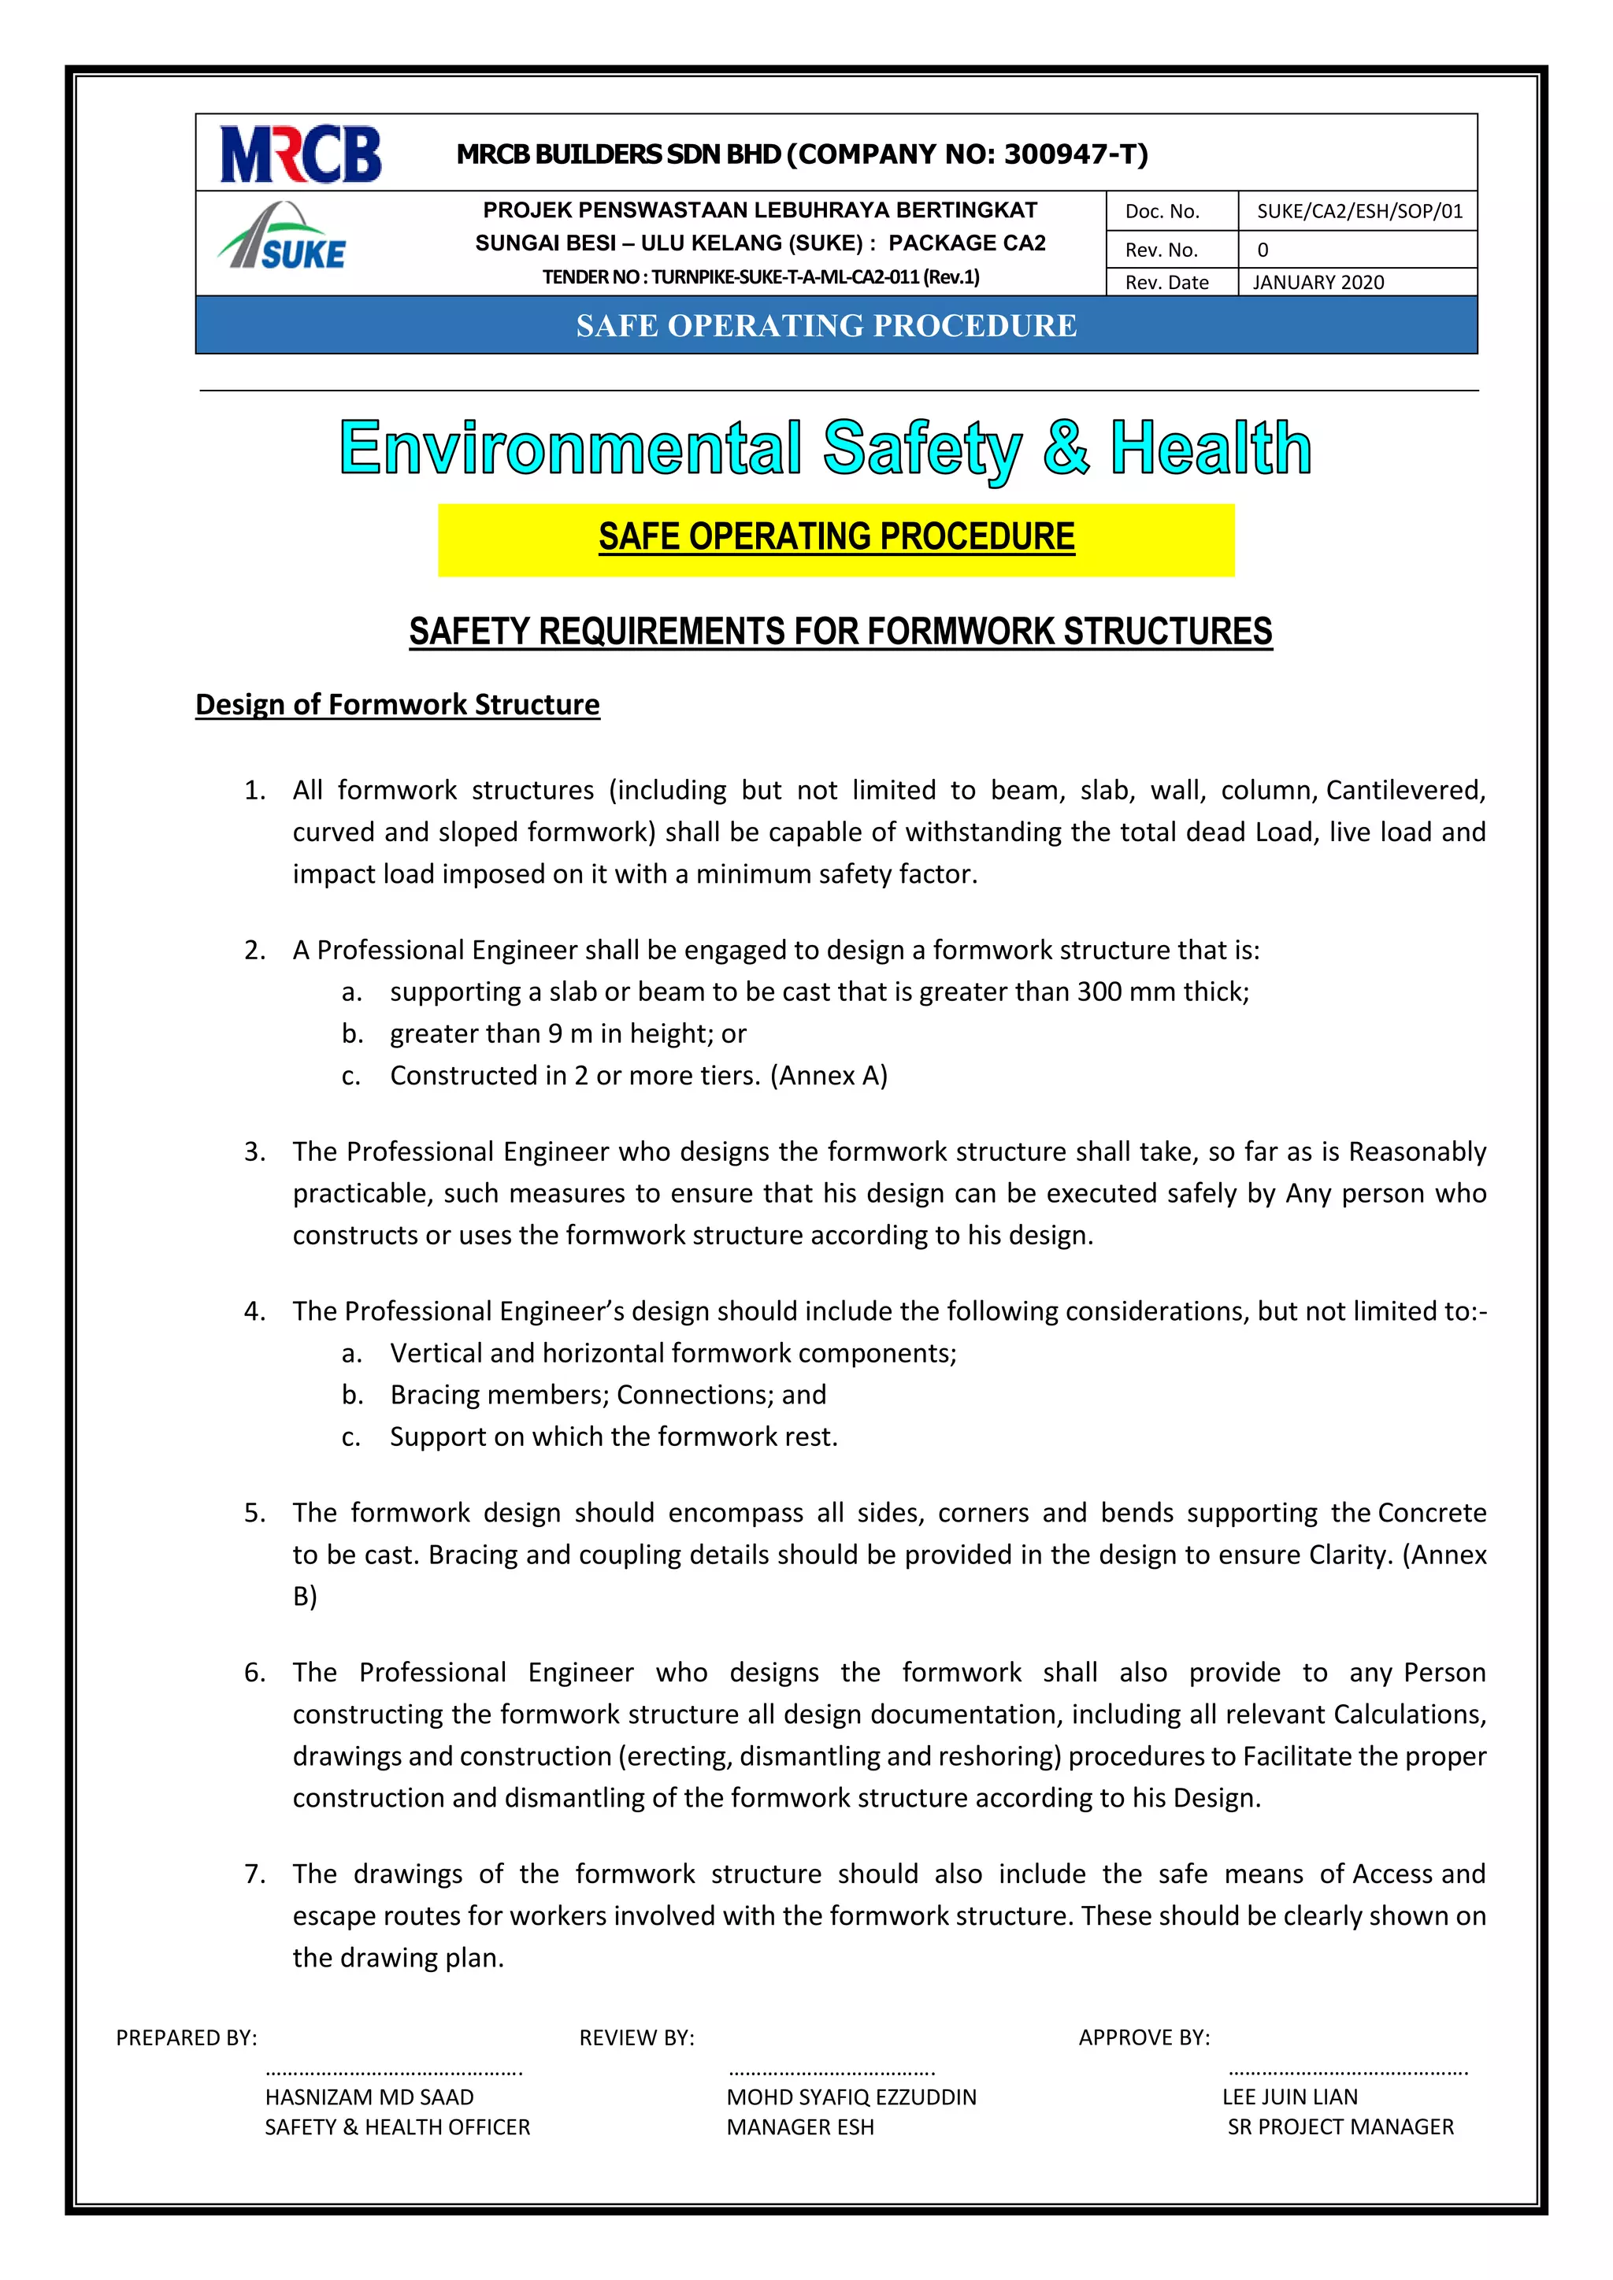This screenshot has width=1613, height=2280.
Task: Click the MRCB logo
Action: tap(300, 154)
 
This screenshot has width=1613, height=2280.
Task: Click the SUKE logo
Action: tap(283, 239)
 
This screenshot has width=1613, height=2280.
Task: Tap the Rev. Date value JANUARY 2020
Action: tap(1318, 283)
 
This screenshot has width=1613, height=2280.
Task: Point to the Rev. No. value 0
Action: tap(1263, 250)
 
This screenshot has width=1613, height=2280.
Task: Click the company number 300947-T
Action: tap(1074, 154)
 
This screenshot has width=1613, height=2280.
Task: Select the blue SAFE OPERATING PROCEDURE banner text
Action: tap(826, 326)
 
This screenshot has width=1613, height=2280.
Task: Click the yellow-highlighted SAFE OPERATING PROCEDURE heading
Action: tap(836, 537)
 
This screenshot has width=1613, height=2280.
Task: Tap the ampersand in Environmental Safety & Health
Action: tap(1066, 449)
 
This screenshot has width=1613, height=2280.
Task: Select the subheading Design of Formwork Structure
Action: tap(397, 705)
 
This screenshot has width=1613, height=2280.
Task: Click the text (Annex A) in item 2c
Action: tap(829, 1076)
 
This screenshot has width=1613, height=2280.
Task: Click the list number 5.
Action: tap(254, 1514)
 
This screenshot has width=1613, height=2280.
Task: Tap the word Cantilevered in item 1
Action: tap(1404, 791)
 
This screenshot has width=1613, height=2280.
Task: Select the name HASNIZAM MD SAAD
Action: tap(369, 2097)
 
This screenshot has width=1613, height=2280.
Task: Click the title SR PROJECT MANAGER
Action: tap(1340, 2127)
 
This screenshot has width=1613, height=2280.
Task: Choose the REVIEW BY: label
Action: tap(636, 2037)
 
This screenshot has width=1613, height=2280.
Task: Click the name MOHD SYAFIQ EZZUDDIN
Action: tap(851, 2097)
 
